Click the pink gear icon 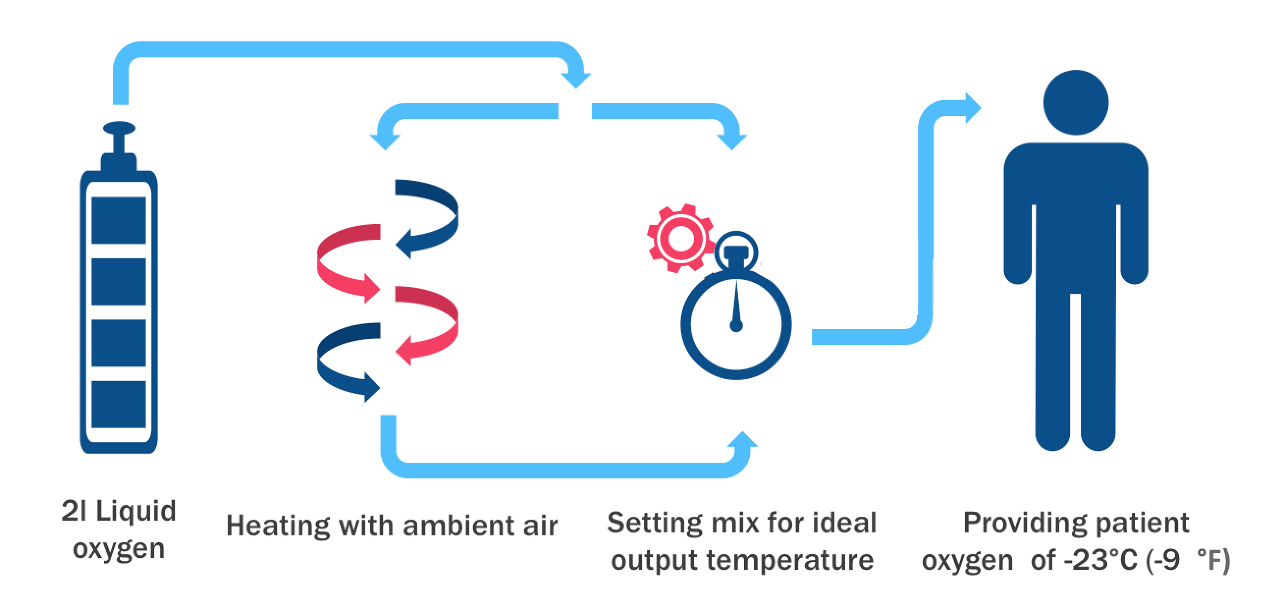pyautogui.click(x=680, y=238)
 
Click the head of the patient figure pyautogui.click(x=1076, y=102)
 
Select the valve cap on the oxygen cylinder pyautogui.click(x=119, y=128)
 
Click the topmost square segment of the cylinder pyautogui.click(x=119, y=220)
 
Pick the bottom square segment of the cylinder pyautogui.click(x=119, y=404)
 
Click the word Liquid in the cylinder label pyautogui.click(x=135, y=511)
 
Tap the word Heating pyautogui.click(x=278, y=526)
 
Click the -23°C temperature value pyautogui.click(x=1101, y=559)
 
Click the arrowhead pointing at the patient pyautogui.click(x=973, y=108)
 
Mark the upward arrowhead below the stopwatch pyautogui.click(x=743, y=440)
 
